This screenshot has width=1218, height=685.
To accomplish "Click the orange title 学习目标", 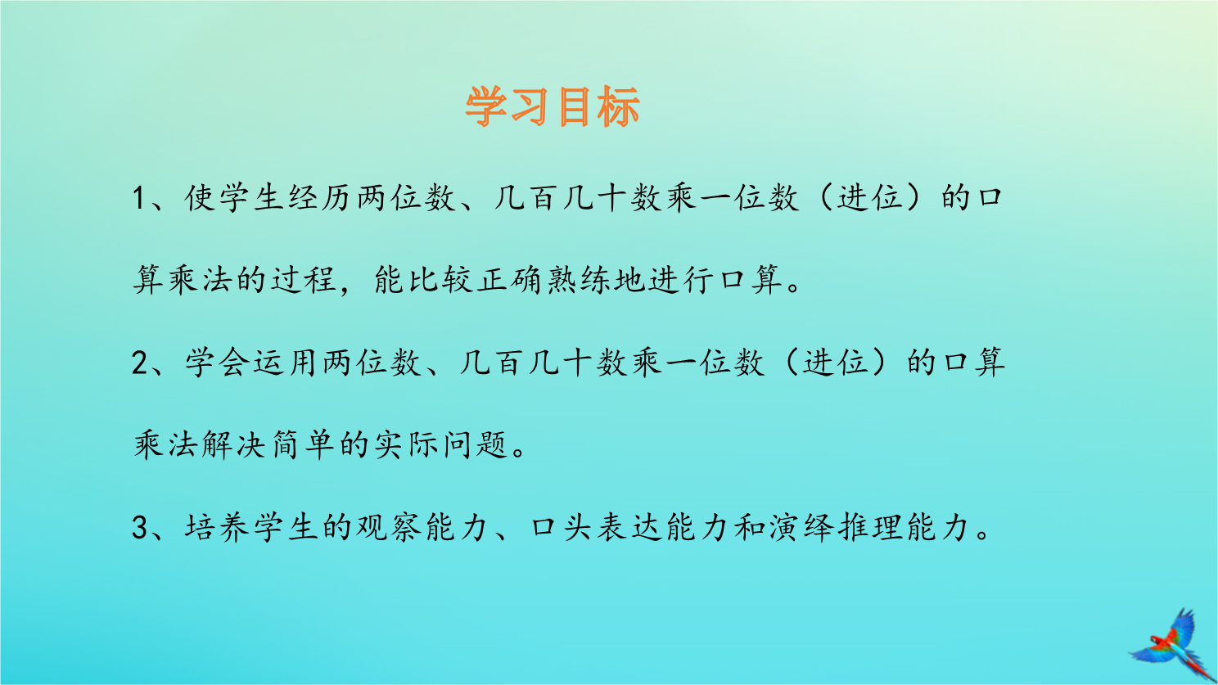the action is pyautogui.click(x=552, y=106).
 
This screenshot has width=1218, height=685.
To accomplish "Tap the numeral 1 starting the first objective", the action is pyautogui.click(x=139, y=198).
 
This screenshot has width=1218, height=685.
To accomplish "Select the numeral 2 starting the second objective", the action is pyautogui.click(x=139, y=363).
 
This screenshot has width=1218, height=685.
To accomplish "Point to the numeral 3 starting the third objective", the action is pyautogui.click(x=139, y=527).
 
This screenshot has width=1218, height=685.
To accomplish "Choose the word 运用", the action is pyautogui.click(x=286, y=363).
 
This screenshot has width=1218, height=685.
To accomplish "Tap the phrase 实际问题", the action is pyautogui.click(x=440, y=445).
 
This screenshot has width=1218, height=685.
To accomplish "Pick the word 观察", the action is pyautogui.click(x=389, y=527).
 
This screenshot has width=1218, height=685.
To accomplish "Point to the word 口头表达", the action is pyautogui.click(x=595, y=527).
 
